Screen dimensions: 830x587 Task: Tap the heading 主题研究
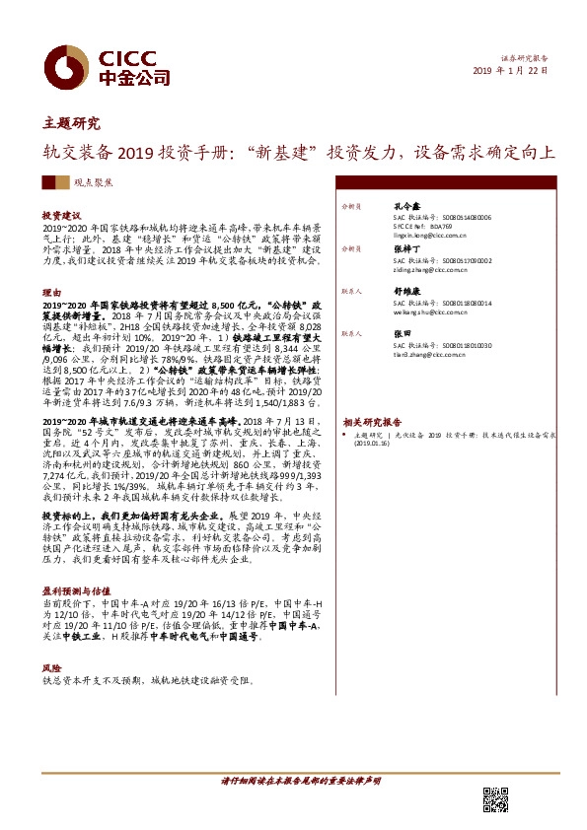tap(72, 124)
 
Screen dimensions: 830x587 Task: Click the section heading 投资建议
tap(61, 214)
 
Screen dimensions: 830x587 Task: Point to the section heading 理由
tap(51, 293)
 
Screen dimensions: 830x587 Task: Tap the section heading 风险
tap(51, 667)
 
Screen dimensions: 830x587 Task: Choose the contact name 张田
tap(401, 335)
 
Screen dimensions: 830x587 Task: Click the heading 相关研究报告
tap(376, 421)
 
